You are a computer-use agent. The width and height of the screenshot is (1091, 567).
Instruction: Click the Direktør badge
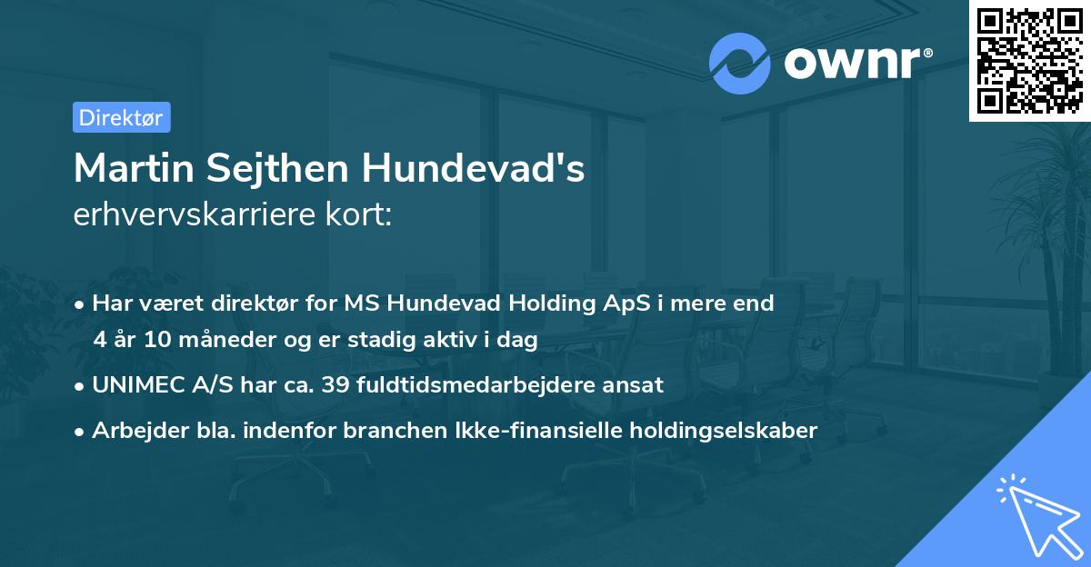[121, 117]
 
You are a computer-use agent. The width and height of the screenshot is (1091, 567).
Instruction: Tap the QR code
[1029, 60]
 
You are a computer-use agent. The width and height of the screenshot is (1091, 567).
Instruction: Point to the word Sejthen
[280, 169]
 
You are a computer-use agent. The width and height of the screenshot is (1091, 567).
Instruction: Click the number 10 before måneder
[155, 340]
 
